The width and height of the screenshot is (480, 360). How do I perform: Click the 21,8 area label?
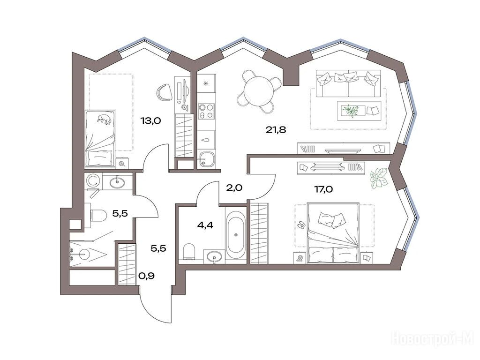coord(276,130)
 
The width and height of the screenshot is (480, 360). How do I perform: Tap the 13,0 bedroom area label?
coord(150,120)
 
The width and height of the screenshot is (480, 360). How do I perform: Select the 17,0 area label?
coord(323,189)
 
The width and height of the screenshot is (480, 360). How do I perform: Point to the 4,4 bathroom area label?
coord(205,225)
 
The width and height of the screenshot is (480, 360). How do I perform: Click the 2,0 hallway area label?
coord(234,187)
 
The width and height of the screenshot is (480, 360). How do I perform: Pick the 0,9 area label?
coord(146,276)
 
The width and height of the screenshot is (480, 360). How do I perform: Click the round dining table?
coord(259,91)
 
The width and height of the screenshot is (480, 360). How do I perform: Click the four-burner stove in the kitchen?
coord(206,111)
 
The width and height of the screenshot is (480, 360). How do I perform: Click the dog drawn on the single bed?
coord(105,119)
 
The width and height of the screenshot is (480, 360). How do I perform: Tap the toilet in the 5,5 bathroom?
coord(97,215)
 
